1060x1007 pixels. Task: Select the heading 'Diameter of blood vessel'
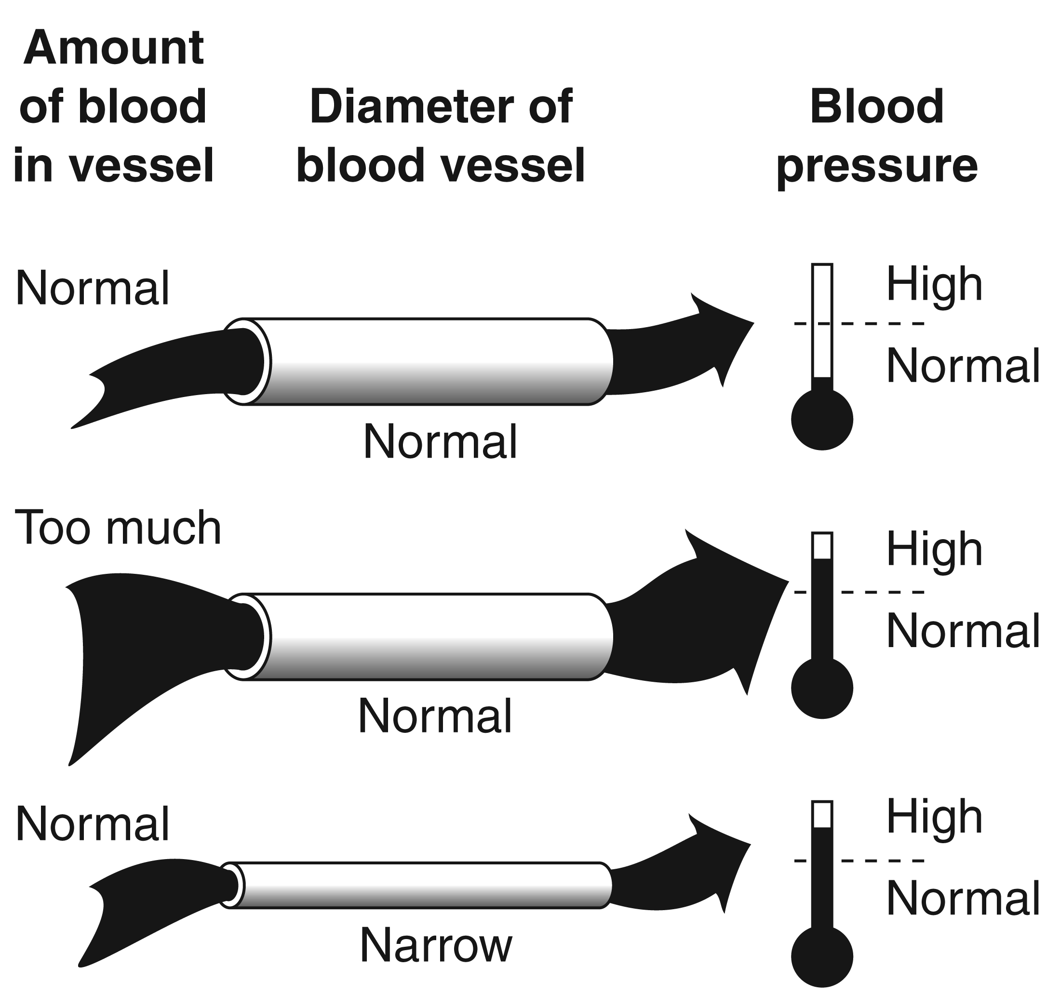click(440, 135)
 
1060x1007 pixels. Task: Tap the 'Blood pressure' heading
click(876, 135)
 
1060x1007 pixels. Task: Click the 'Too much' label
click(118, 528)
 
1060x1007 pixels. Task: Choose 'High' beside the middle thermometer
click(934, 550)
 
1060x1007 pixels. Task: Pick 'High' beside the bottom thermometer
click(934, 818)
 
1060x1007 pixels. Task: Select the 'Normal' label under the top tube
click(440, 442)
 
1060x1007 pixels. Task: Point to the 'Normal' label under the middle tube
click(434, 716)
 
